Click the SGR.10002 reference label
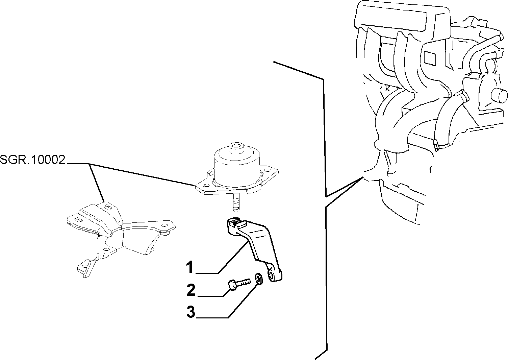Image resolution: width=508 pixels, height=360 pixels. tap(33, 160)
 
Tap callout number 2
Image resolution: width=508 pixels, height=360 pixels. tap(191, 290)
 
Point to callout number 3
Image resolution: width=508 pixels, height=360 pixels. tap(191, 312)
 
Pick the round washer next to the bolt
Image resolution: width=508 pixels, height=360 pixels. tap(259, 279)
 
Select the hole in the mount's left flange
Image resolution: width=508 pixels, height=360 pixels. tap(206, 186)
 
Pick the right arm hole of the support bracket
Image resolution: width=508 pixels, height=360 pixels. tap(165, 225)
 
